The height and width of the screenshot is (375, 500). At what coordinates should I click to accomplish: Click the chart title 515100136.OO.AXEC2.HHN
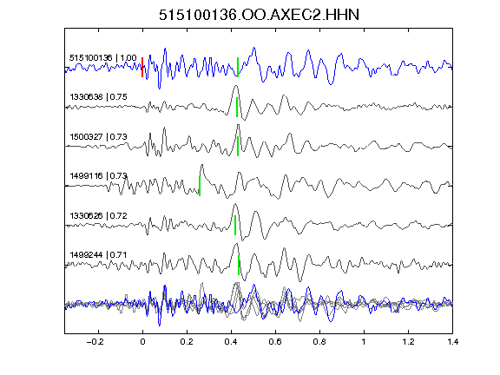[x=259, y=15]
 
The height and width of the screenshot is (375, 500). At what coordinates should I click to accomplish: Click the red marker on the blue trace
[x=142, y=68]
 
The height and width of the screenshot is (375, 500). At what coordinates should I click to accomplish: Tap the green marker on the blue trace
[x=238, y=68]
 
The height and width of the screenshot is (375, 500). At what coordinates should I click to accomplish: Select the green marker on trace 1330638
[x=237, y=107]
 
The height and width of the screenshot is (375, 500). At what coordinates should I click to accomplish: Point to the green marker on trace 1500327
[x=238, y=147]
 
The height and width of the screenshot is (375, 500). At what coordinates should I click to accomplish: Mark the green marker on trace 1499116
[x=200, y=186]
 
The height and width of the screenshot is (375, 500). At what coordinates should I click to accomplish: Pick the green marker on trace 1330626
[x=235, y=225]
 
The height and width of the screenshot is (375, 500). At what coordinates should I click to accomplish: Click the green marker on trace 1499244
[x=239, y=265]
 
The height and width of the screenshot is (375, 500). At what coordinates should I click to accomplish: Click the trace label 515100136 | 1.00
[x=103, y=58]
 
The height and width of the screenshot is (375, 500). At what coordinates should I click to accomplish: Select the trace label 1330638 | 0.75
[x=98, y=97]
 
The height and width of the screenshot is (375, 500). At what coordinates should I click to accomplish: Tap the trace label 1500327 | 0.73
[x=98, y=137]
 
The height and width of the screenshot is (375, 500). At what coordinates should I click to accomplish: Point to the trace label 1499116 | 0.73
[x=98, y=176]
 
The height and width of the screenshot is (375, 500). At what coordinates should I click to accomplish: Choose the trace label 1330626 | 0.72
[x=98, y=216]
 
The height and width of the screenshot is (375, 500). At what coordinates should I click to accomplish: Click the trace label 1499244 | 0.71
[x=98, y=255]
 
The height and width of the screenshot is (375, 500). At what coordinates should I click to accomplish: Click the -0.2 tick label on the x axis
[x=95, y=342]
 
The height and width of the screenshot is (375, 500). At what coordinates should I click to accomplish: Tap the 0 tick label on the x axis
[x=142, y=342]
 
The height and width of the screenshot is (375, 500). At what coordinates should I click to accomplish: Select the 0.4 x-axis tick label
[x=231, y=342]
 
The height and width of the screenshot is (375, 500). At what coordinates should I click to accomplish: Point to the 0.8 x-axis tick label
[x=319, y=342]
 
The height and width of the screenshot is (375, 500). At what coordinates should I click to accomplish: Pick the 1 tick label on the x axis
[x=364, y=342]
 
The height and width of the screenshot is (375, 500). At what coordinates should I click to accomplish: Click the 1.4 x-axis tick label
[x=452, y=342]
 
